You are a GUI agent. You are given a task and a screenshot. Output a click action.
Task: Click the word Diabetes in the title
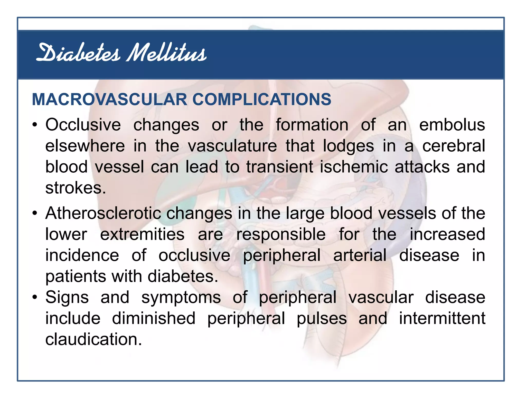[x=78, y=53]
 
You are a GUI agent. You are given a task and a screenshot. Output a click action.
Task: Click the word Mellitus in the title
[x=166, y=53]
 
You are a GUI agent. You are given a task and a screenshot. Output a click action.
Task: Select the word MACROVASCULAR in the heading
[x=110, y=99]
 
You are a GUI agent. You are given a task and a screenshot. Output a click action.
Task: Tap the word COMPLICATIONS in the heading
[x=262, y=99]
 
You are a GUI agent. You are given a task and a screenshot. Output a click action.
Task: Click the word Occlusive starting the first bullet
[x=83, y=125]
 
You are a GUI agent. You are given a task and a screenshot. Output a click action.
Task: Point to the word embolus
[x=452, y=125]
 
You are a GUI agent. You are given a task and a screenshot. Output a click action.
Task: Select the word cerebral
[x=454, y=146]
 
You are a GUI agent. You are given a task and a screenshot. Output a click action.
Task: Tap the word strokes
[x=76, y=188]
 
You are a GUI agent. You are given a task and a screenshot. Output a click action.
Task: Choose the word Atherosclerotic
[x=103, y=213]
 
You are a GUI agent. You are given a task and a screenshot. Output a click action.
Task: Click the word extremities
[x=142, y=234]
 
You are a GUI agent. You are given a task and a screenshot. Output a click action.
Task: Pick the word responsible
[x=281, y=234]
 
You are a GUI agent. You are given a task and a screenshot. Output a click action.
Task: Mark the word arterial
[x=360, y=255]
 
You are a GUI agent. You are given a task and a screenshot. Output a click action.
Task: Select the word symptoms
[x=181, y=298]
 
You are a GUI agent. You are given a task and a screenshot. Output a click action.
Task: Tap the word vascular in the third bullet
[x=381, y=298]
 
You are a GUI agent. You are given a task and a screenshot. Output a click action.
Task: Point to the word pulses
[x=322, y=319]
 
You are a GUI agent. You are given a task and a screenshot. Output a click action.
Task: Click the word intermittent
[x=442, y=319]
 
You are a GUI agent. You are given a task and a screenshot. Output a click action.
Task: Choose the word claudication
[x=93, y=340]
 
